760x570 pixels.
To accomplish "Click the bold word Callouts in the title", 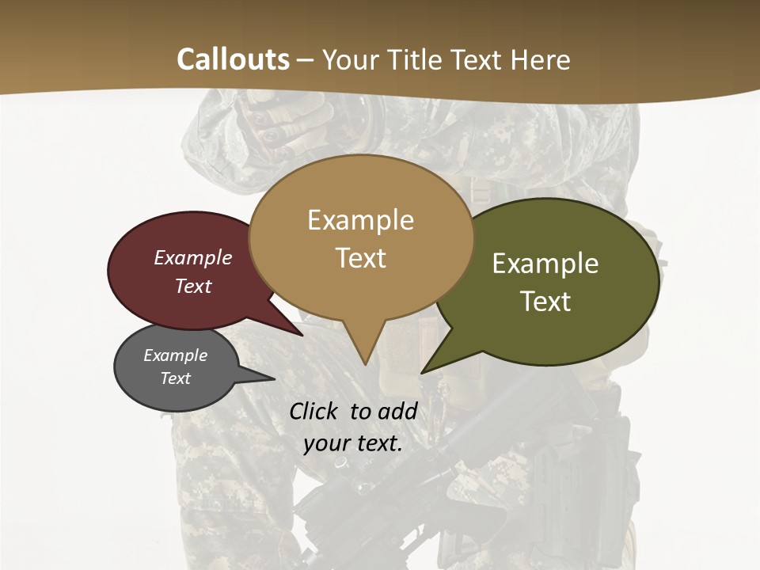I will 233,59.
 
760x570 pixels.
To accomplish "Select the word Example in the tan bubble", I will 360,220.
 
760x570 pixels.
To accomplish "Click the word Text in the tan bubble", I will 360,258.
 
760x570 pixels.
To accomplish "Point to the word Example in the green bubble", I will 545,264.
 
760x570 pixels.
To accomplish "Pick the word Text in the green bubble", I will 545,302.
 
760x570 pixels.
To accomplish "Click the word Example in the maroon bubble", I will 192,257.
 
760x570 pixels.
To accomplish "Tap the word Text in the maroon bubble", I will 192,286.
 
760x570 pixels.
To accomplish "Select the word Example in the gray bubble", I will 175,355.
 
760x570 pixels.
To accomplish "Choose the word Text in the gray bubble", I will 175,378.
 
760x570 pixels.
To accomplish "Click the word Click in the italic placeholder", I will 315,411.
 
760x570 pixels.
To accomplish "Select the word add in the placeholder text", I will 397,411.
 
